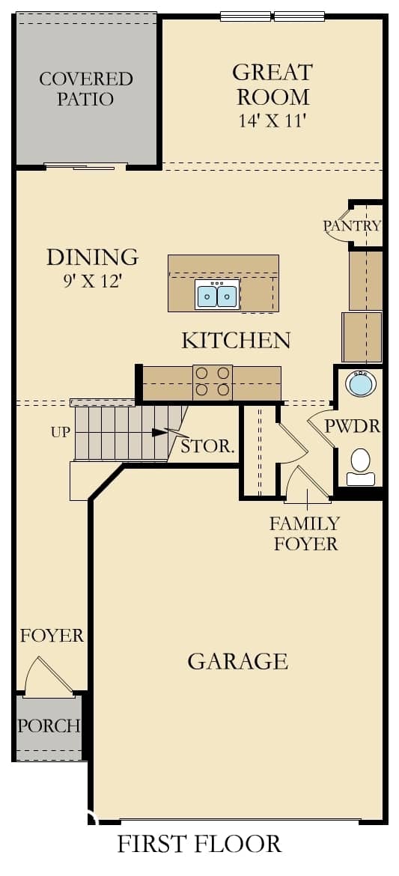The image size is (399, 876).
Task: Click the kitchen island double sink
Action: (217, 294)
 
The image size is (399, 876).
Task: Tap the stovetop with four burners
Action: (213, 382)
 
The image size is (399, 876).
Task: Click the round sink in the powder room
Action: (360, 383)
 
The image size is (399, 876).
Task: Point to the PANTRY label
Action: (352, 225)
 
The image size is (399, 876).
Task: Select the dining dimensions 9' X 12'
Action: (93, 281)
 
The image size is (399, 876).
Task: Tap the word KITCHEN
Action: (236, 340)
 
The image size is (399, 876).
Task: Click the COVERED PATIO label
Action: (86, 88)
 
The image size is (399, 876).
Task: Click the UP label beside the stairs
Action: (61, 432)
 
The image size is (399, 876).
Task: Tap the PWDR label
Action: (353, 427)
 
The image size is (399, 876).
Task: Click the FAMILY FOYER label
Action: (305, 534)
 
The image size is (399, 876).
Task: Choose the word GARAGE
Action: (237, 661)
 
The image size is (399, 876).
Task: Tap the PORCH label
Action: (48, 726)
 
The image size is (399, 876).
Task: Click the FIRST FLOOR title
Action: (199, 844)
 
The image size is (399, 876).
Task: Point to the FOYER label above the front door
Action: (52, 635)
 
